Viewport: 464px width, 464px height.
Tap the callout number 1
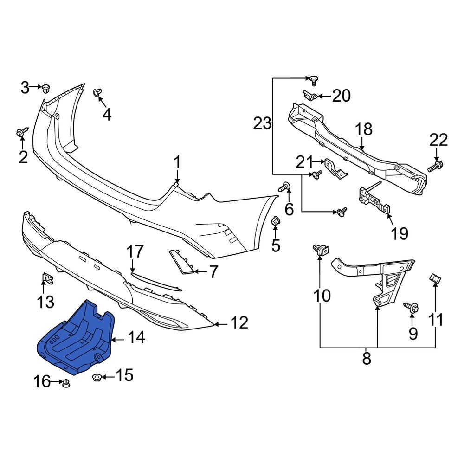click(177, 163)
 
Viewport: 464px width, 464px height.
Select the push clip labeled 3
click(46, 88)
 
